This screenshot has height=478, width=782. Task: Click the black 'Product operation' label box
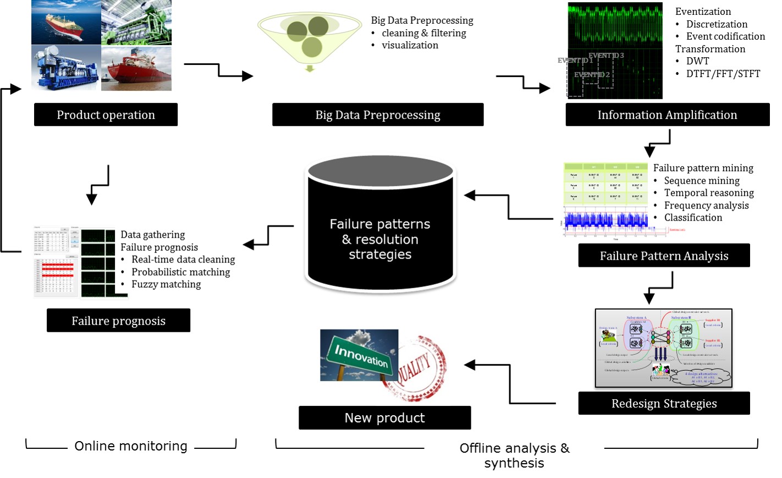point(106,114)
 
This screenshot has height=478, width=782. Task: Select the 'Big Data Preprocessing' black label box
point(378,114)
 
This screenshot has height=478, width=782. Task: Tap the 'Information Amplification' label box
point(667,114)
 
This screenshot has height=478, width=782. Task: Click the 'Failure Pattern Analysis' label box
point(664,256)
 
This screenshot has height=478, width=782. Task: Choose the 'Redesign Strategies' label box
point(664,403)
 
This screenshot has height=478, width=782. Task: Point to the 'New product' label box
point(384,417)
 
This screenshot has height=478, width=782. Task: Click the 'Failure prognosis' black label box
point(118,321)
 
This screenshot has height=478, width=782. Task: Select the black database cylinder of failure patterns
point(380,226)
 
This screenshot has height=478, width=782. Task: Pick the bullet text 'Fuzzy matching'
point(166,284)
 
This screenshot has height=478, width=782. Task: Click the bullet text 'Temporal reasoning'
point(709,193)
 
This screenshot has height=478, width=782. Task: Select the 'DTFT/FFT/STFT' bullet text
point(723,74)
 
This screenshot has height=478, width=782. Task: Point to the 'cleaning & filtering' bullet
point(423,33)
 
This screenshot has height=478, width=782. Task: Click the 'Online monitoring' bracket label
point(131,446)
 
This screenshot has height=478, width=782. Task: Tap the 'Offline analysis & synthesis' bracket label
point(514,455)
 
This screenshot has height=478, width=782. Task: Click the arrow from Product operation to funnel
point(219,70)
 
